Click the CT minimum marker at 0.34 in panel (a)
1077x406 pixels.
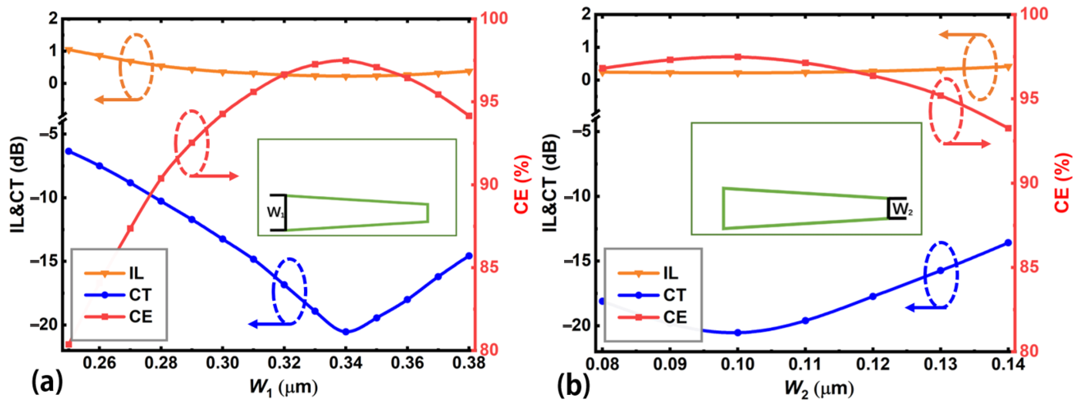pyautogui.click(x=345, y=331)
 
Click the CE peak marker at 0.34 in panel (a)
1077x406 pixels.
pyautogui.click(x=345, y=61)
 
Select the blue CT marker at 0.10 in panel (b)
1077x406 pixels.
pyautogui.click(x=738, y=333)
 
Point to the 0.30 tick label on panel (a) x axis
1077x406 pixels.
pyautogui.click(x=222, y=363)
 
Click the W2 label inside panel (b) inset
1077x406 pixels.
pyautogui.click(x=902, y=209)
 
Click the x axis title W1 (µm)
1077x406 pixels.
pyautogui.click(x=284, y=387)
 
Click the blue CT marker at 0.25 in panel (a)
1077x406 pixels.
pyautogui.click(x=69, y=151)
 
